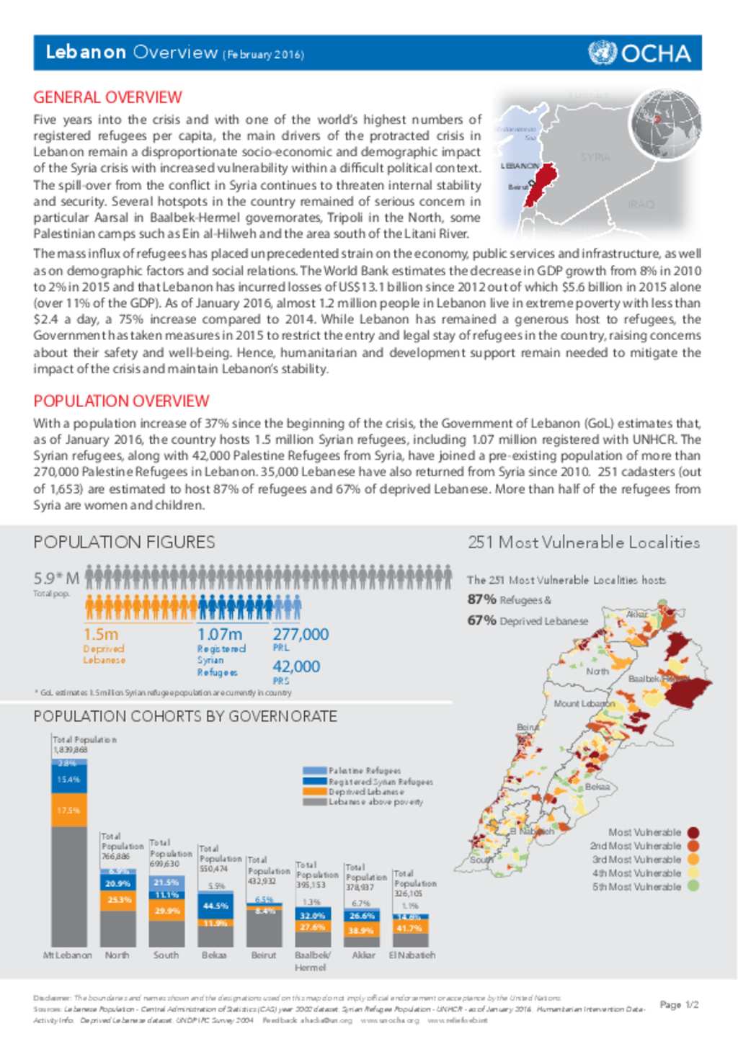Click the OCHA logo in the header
coord(639,53)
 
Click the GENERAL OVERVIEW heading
coord(107,97)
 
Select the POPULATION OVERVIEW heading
coord(121,401)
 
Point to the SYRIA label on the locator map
coord(595,157)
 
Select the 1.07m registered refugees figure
coord(219,635)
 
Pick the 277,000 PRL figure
coord(301,635)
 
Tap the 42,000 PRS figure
coord(296,666)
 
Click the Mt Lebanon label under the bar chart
coord(68,955)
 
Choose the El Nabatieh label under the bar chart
coord(412,955)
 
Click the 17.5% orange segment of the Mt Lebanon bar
coord(68,810)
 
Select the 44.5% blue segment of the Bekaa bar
coord(215,906)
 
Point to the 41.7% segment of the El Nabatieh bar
coord(409,928)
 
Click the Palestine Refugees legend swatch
coord(315,771)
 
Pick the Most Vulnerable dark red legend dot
coord(693,832)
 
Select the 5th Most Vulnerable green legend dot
coord(693,887)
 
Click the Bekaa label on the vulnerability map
coord(597,787)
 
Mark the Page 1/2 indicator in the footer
coord(679,1004)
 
